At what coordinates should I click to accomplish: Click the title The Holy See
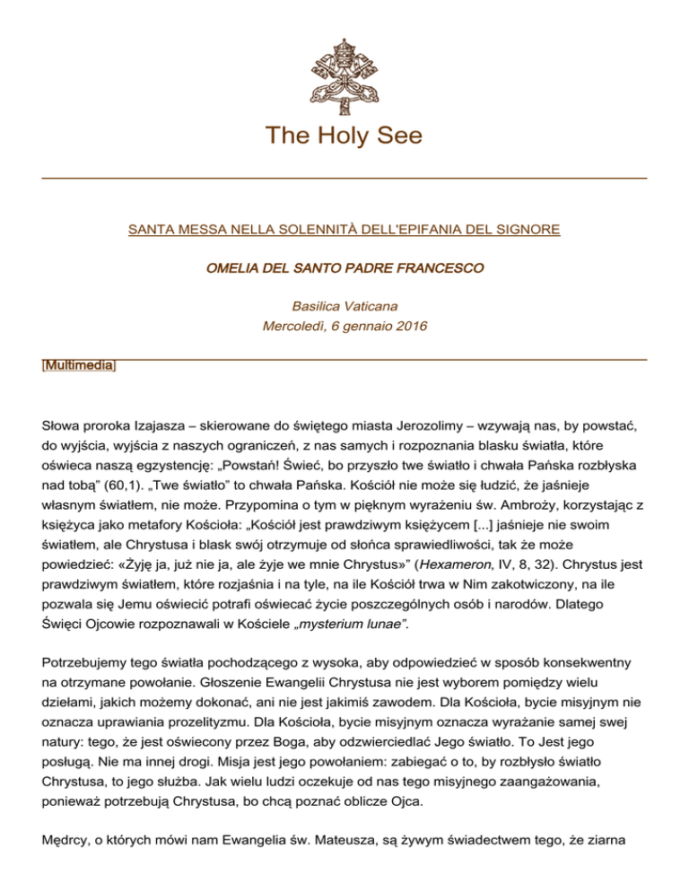click(344, 136)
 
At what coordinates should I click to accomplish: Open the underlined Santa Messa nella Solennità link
click(344, 230)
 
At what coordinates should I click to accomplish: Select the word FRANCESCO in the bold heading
click(438, 268)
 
